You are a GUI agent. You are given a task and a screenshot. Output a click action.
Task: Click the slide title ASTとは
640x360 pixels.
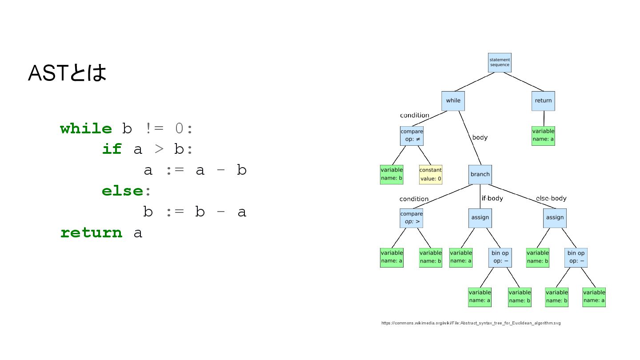pos(67,73)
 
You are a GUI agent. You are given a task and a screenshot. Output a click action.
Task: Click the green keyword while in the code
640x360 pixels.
pos(86,129)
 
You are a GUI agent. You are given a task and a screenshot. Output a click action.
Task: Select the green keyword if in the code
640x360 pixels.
pos(112,149)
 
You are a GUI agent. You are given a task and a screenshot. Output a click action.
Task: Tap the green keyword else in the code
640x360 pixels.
pos(122,191)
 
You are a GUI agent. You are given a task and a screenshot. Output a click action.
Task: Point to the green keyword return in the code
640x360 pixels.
pos(91,233)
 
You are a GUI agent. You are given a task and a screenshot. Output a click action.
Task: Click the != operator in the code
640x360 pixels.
pos(155,129)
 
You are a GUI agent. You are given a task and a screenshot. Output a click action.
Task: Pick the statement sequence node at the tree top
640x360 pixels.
pos(500,62)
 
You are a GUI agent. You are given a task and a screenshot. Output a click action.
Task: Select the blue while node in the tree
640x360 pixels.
pos(453,100)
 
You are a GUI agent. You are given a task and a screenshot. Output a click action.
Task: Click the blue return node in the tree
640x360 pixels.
pos(543,100)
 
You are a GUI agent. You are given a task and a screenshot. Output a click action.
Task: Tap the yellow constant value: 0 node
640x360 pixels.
pos(430,175)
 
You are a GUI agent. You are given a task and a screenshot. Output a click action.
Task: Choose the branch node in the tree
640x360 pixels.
pos(480,174)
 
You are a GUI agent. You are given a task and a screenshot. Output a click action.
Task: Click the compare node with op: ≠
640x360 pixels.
pos(412,136)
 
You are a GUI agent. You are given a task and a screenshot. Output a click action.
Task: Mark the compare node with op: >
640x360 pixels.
pos(411,218)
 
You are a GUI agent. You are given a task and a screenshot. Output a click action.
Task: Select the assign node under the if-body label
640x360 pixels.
pos(480,217)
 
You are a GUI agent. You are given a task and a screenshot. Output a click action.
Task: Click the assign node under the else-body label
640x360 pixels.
pos(555,217)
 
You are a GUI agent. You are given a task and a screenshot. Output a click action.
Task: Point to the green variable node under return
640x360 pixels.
pos(543,136)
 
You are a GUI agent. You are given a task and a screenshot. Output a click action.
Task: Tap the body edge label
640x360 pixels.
pos(480,137)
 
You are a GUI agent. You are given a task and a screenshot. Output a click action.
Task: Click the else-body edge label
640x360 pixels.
pos(551,198)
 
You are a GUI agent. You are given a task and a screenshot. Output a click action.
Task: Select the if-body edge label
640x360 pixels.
pos(492,198)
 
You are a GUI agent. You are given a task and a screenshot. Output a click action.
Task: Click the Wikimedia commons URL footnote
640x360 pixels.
pos(471,323)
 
